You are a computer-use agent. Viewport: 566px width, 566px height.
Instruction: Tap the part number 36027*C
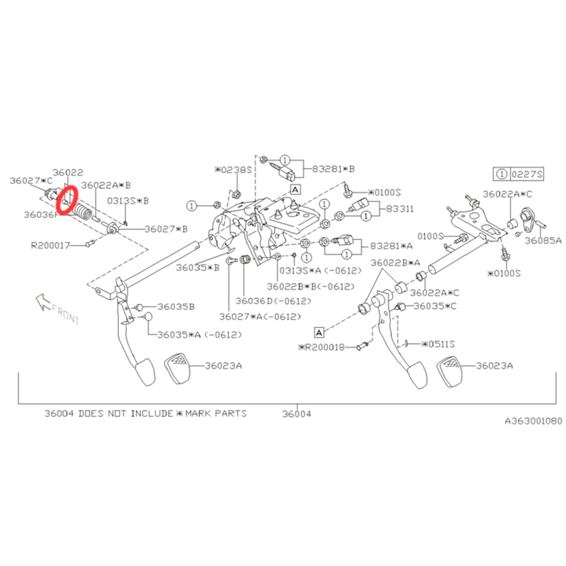pyautogui.click(x=31, y=180)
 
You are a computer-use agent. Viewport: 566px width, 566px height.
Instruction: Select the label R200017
pyautogui.click(x=50, y=245)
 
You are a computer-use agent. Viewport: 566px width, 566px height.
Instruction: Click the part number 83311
pyautogui.click(x=400, y=209)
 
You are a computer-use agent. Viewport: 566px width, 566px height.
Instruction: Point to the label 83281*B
pyautogui.click(x=333, y=169)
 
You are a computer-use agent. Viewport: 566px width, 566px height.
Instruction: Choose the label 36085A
pyautogui.click(x=543, y=241)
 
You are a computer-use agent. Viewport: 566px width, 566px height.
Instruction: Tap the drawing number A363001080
pyautogui.click(x=533, y=421)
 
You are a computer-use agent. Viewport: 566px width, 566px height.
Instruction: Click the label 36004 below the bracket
pyautogui.click(x=297, y=414)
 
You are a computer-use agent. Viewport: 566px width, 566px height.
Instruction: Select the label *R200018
pyautogui.click(x=321, y=347)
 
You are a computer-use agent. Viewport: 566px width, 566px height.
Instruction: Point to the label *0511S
pyautogui.click(x=438, y=344)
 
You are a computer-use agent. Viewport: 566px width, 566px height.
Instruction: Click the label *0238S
pyautogui.click(x=233, y=170)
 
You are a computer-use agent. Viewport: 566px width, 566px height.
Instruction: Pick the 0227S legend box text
pyautogui.click(x=527, y=175)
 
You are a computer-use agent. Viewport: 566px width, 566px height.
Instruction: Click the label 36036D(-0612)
pyautogui.click(x=273, y=301)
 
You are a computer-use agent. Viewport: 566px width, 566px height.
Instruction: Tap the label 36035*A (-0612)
pyautogui.click(x=200, y=335)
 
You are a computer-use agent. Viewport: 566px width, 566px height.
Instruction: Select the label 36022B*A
pyautogui.click(x=395, y=263)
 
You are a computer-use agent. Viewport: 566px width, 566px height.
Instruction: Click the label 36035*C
pyautogui.click(x=435, y=306)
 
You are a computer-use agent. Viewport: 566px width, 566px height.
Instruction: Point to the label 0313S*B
pyautogui.click(x=128, y=201)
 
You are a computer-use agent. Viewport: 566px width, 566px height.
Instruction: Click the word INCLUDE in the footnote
pyautogui.click(x=152, y=414)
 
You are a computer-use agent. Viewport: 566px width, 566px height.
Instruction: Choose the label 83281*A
pyautogui.click(x=391, y=246)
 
